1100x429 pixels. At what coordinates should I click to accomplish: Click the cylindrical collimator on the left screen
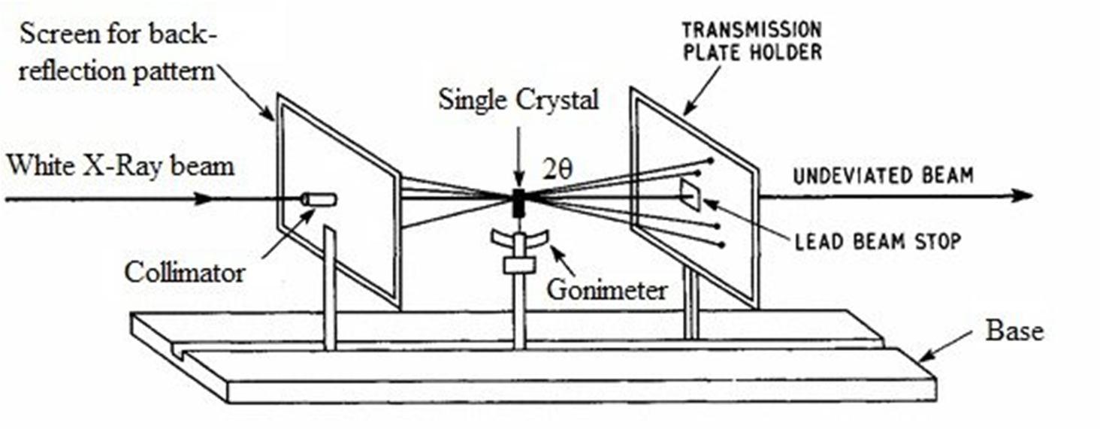(x=319, y=199)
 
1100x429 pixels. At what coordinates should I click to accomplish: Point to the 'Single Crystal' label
(x=519, y=101)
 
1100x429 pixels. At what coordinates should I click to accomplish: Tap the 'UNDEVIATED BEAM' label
(x=883, y=176)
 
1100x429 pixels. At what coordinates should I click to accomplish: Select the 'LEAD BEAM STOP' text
(x=878, y=242)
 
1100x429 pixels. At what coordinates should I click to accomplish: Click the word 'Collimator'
(x=185, y=272)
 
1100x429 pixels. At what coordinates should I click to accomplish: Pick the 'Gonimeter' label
(x=606, y=289)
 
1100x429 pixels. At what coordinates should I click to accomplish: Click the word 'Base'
(x=1014, y=331)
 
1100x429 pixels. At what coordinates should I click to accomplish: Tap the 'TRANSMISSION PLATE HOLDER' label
(x=751, y=41)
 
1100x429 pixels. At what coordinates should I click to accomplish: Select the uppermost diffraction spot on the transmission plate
(x=710, y=160)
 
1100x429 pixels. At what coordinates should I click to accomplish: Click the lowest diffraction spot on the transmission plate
(x=722, y=244)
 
